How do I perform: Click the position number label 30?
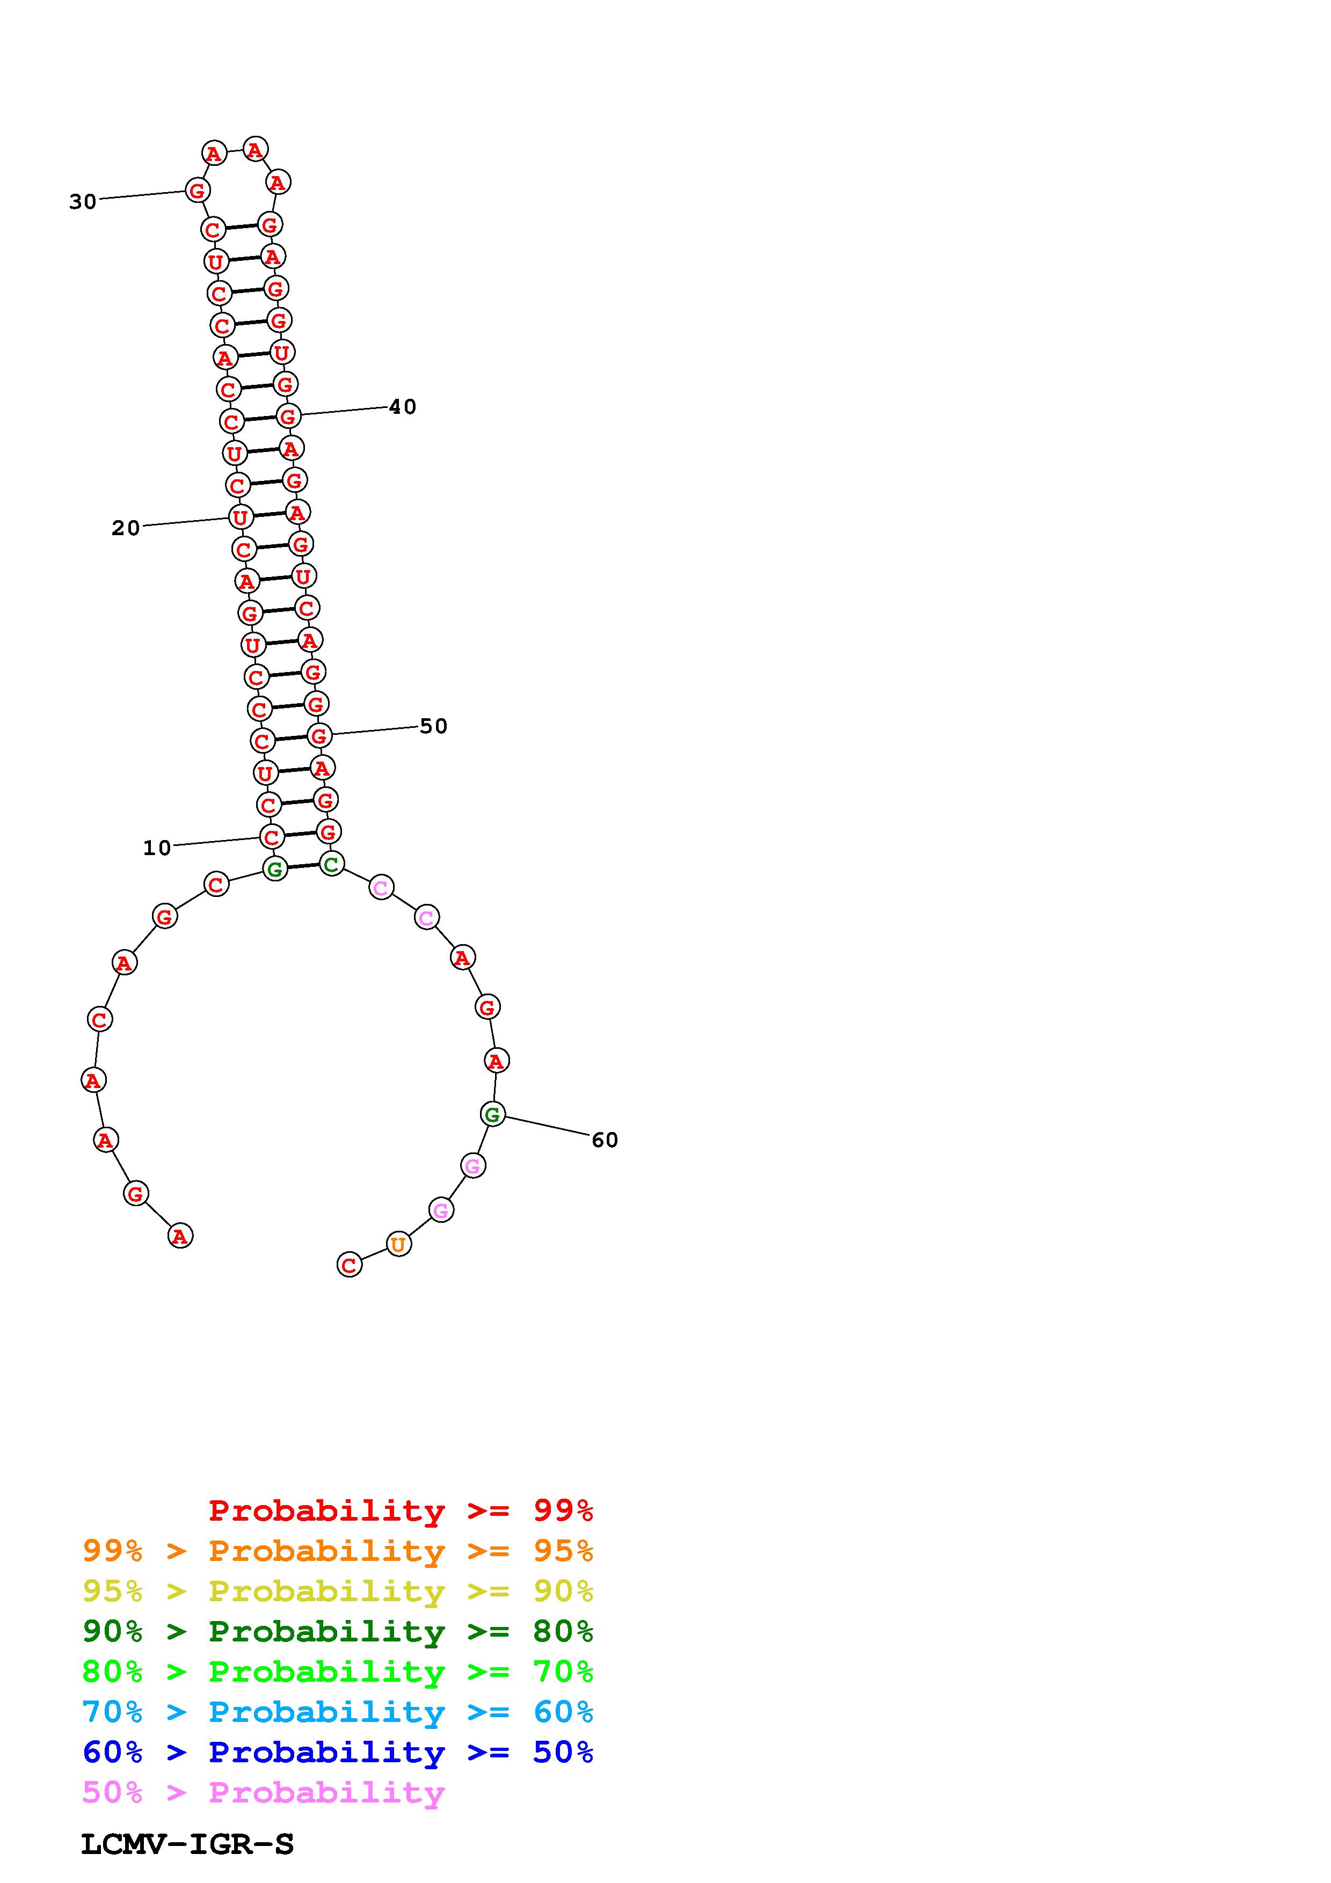click(83, 202)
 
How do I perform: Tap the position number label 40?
click(403, 407)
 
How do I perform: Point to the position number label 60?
click(605, 1140)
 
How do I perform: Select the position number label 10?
click(157, 848)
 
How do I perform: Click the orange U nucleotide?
click(398, 1244)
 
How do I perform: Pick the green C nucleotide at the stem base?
click(331, 864)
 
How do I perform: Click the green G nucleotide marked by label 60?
click(492, 1114)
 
